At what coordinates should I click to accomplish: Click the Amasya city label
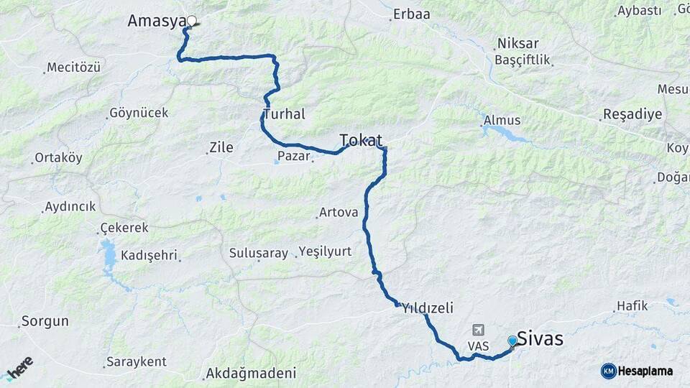[157, 21]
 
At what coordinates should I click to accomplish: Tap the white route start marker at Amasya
[192, 22]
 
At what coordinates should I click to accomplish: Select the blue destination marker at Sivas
[512, 341]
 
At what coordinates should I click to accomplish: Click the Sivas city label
[540, 338]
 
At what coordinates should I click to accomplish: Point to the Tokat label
[360, 139]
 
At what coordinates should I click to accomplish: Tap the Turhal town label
[284, 114]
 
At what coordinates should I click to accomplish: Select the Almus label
[502, 120]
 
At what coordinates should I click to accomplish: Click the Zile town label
[221, 147]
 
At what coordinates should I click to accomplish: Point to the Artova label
[338, 212]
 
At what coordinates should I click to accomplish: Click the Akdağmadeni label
[250, 373]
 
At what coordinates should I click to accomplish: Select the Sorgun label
[45, 321]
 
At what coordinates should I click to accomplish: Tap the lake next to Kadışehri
[109, 254]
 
